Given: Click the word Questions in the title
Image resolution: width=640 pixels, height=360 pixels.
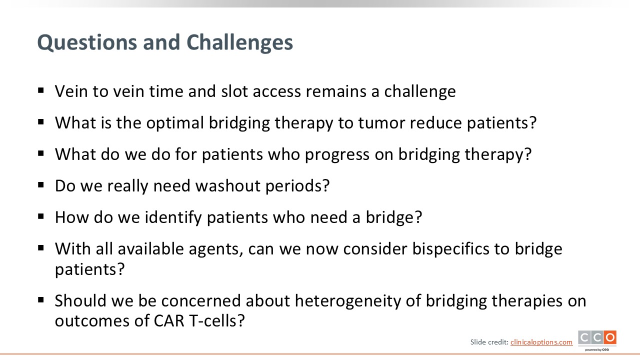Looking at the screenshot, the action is point(87,43).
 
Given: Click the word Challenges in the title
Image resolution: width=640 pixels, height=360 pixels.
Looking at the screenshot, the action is point(239,42).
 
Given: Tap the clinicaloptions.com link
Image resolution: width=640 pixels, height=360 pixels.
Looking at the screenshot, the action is point(541,342).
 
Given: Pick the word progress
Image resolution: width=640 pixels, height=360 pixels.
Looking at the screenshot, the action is point(337,155).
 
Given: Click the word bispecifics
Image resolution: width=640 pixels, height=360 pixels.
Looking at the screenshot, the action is point(450,249).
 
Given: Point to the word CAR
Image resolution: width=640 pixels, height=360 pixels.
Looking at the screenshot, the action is point(169,321).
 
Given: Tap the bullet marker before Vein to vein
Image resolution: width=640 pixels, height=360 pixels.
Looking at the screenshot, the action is point(41,91).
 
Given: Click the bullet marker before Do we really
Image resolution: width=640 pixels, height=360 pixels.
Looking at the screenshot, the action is point(41,185).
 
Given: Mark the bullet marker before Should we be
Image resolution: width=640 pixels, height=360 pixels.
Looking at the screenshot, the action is point(41,300).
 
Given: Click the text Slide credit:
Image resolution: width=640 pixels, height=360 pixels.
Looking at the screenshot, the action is point(489,342).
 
